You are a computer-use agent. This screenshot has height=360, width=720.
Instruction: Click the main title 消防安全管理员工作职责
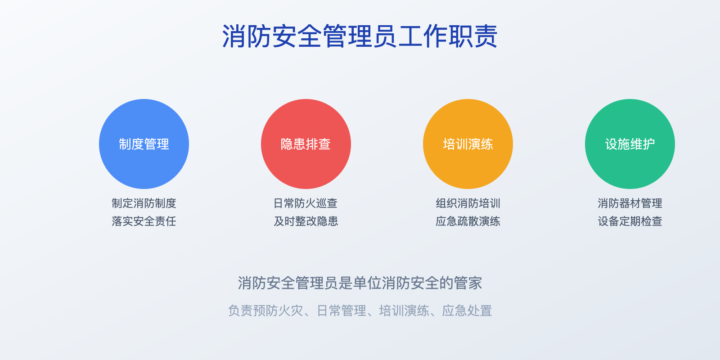360,36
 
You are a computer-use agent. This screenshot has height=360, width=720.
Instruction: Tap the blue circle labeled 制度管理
144,144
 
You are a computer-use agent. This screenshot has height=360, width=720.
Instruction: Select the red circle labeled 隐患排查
306,144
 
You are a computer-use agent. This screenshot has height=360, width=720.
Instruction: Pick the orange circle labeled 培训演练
468,144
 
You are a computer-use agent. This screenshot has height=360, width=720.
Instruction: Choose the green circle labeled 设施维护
630,144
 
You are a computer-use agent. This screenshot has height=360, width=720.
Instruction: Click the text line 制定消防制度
144,203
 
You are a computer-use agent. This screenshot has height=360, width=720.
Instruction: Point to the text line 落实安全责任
144,221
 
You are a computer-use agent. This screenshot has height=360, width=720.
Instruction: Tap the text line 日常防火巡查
306,203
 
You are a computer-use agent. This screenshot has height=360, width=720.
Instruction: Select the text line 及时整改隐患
306,221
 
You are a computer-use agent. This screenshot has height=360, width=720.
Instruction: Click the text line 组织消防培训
468,203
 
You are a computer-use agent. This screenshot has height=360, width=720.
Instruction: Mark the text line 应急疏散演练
468,221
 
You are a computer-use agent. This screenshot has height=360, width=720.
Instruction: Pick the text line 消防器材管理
630,203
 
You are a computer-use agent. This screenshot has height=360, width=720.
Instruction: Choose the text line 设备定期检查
630,221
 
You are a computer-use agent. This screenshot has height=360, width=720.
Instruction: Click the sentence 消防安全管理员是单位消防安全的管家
360,283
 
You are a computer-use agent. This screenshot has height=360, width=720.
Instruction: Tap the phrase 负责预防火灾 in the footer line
265,310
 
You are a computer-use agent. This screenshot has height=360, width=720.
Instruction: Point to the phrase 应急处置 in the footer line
467,310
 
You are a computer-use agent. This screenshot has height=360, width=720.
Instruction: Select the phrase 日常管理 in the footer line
342,310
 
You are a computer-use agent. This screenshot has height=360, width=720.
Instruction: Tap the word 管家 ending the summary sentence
468,283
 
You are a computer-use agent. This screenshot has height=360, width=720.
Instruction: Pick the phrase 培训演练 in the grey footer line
404,310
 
